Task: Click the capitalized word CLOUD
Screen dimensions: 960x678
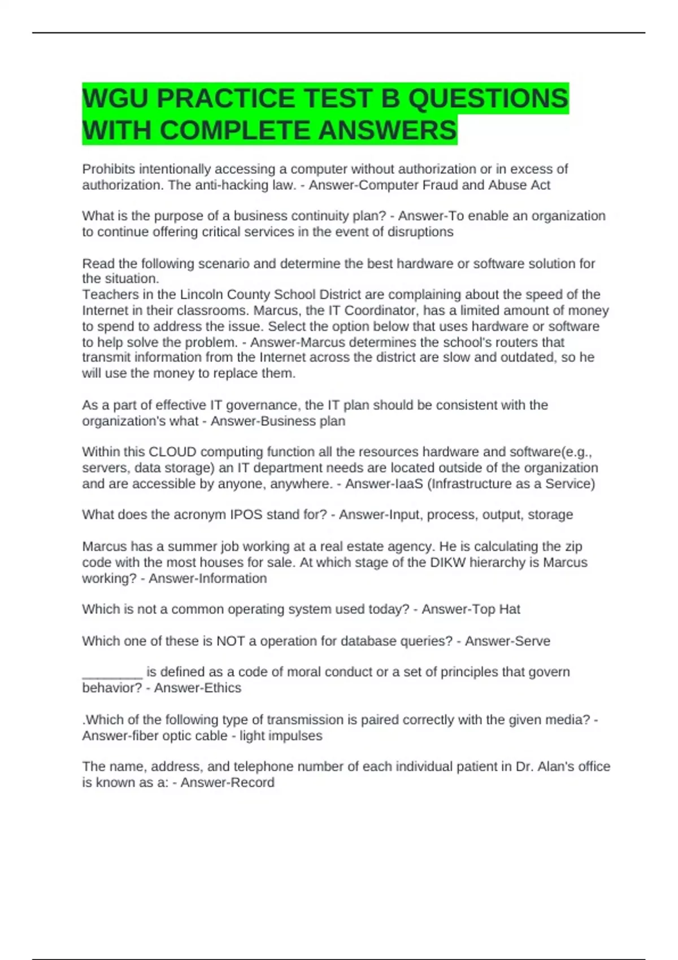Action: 172,452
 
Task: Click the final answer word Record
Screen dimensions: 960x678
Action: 252,783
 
